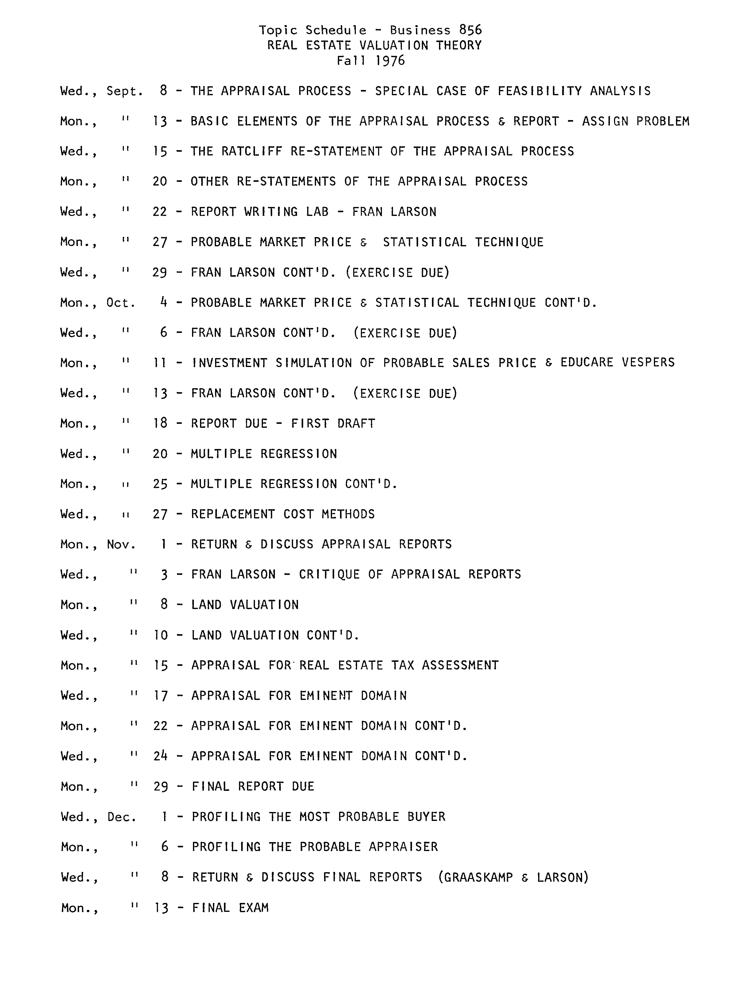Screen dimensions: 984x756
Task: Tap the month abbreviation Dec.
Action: point(122,817)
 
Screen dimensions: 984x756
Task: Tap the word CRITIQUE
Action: point(329,574)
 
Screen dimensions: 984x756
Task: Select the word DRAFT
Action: point(356,424)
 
